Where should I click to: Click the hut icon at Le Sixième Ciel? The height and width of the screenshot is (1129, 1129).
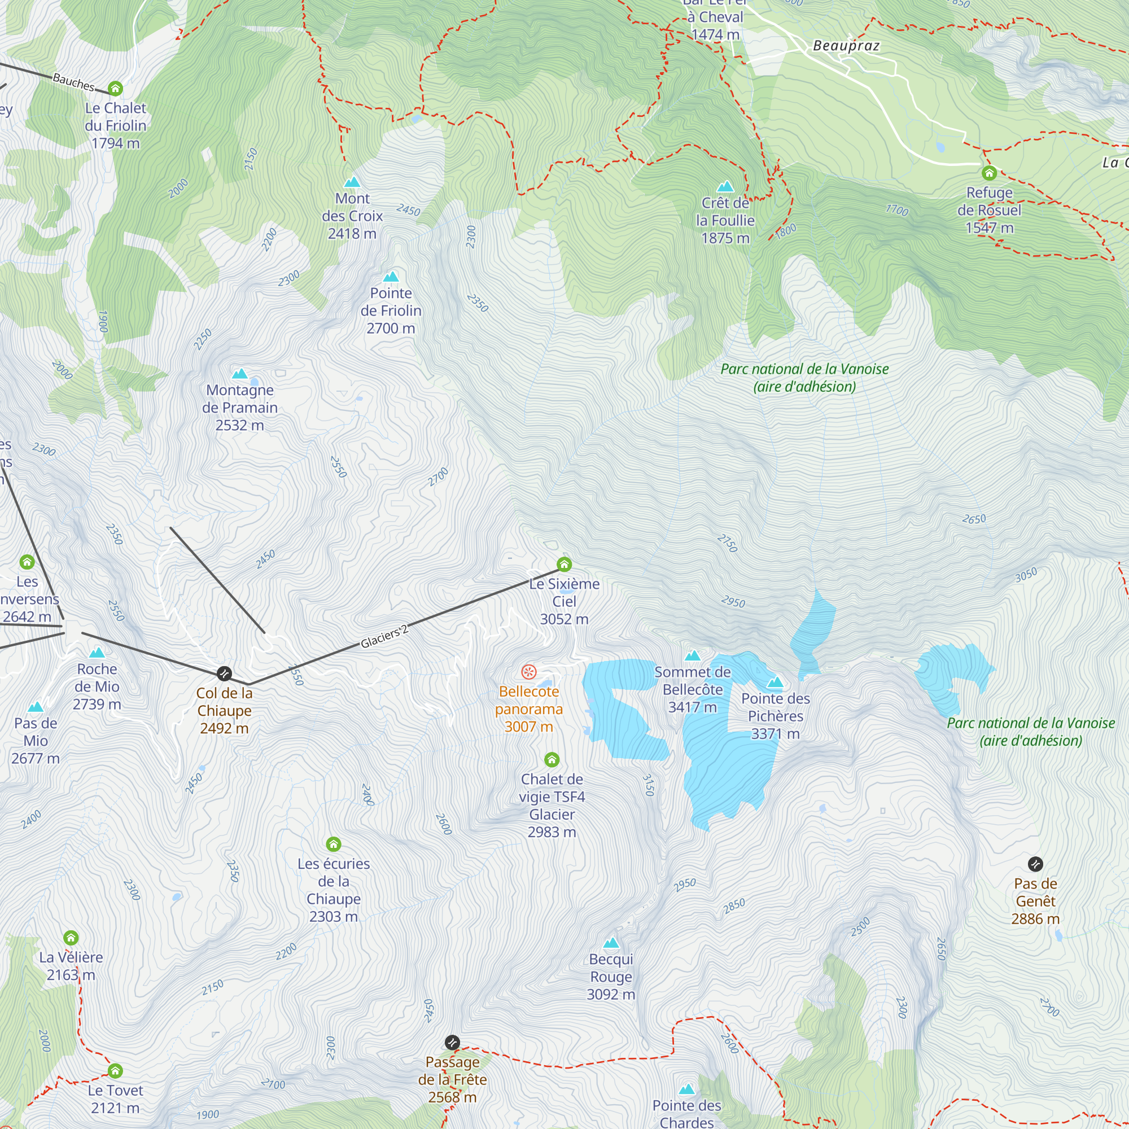pos(564,564)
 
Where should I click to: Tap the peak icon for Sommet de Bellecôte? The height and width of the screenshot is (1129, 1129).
pos(693,655)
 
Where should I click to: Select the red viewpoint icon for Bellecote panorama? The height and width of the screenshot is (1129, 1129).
pos(528,671)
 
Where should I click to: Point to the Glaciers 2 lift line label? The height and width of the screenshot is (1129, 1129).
pos(384,637)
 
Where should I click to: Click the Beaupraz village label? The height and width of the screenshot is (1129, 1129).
pos(846,46)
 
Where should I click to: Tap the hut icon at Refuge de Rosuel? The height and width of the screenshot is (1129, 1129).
pos(989,173)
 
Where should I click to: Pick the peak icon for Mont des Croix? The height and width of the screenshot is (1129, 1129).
pos(352,182)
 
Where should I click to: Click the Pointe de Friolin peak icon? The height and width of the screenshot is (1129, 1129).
pos(391,277)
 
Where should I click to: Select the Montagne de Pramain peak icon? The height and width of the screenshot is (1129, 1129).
pos(239,373)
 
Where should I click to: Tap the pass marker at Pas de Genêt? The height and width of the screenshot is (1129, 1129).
pos(1035,864)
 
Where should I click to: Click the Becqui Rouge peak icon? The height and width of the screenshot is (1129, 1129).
pos(611,942)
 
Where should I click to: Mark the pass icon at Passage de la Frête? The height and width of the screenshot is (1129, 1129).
pos(452,1043)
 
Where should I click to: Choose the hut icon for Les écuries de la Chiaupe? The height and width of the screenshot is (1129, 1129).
pos(333,844)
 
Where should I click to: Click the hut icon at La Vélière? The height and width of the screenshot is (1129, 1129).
pos(71,938)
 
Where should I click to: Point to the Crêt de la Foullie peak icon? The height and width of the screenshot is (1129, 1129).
pos(725,186)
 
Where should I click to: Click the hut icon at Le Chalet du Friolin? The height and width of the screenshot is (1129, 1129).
pos(115,88)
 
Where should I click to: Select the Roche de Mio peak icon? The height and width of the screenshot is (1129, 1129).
pos(97,652)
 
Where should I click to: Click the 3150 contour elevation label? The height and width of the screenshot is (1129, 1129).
pos(648,785)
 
